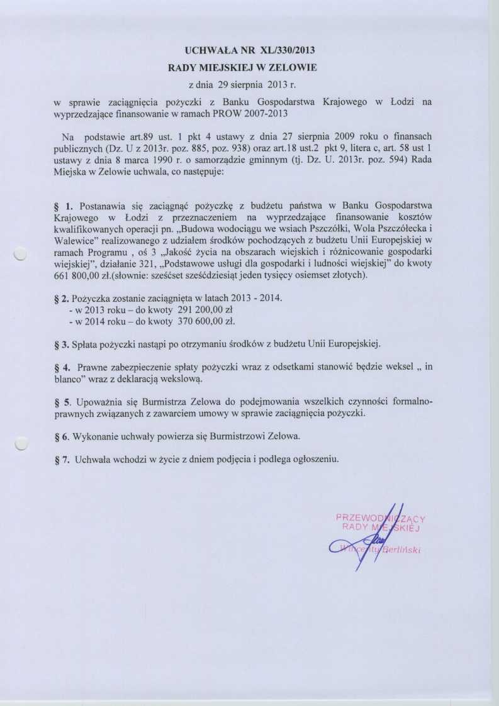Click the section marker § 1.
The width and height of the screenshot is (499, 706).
(x=65, y=206)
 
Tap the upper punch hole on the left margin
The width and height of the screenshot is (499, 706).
(x=21, y=253)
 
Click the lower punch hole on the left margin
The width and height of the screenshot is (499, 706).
(x=21, y=444)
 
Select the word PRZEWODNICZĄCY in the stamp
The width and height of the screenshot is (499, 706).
(x=381, y=518)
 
